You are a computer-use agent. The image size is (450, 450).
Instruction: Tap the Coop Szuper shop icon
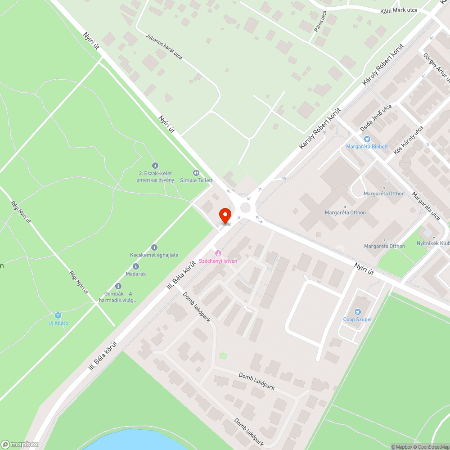(x=358, y=311)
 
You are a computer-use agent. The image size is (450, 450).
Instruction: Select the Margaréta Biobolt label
(x=367, y=146)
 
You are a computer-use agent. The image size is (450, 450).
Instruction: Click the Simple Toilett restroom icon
(x=196, y=173)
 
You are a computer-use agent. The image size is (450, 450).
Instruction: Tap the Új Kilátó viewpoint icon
(x=58, y=315)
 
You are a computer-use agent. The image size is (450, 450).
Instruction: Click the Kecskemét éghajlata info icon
(x=154, y=247)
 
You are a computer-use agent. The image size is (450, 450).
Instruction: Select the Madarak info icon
(x=136, y=266)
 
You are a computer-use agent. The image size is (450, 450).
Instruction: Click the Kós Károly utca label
(x=408, y=140)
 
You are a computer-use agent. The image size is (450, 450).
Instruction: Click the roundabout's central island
(x=245, y=207)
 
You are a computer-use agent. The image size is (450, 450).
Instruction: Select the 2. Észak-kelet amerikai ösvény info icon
(x=155, y=166)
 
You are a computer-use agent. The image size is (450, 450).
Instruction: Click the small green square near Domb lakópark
(x=223, y=356)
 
